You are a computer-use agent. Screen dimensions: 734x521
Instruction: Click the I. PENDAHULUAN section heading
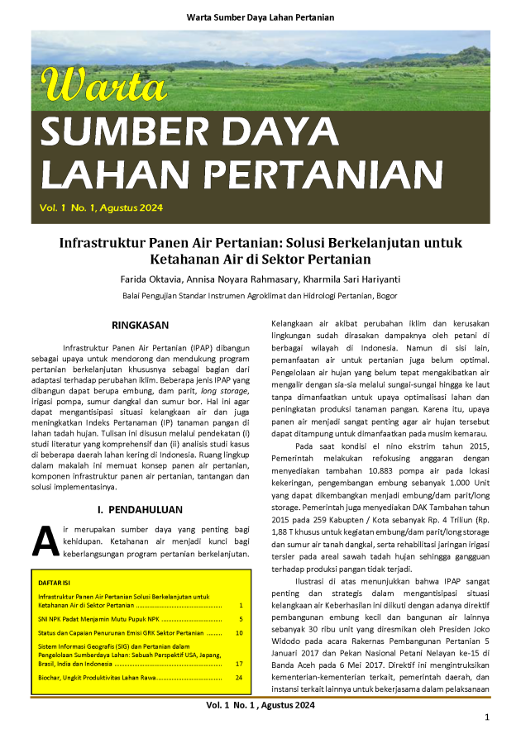tap(140, 510)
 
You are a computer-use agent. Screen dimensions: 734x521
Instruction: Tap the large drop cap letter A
tap(44, 541)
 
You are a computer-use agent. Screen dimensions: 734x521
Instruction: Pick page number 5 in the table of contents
tap(240, 618)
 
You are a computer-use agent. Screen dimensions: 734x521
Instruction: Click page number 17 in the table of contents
tap(239, 663)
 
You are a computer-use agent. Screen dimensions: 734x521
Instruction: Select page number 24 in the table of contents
tap(239, 678)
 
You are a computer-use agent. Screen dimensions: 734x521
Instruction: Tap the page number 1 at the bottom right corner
tap(487, 717)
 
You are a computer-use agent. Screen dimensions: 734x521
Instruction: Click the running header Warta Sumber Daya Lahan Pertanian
tap(260, 17)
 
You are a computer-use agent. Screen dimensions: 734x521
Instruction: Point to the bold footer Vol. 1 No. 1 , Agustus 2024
tap(260, 705)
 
